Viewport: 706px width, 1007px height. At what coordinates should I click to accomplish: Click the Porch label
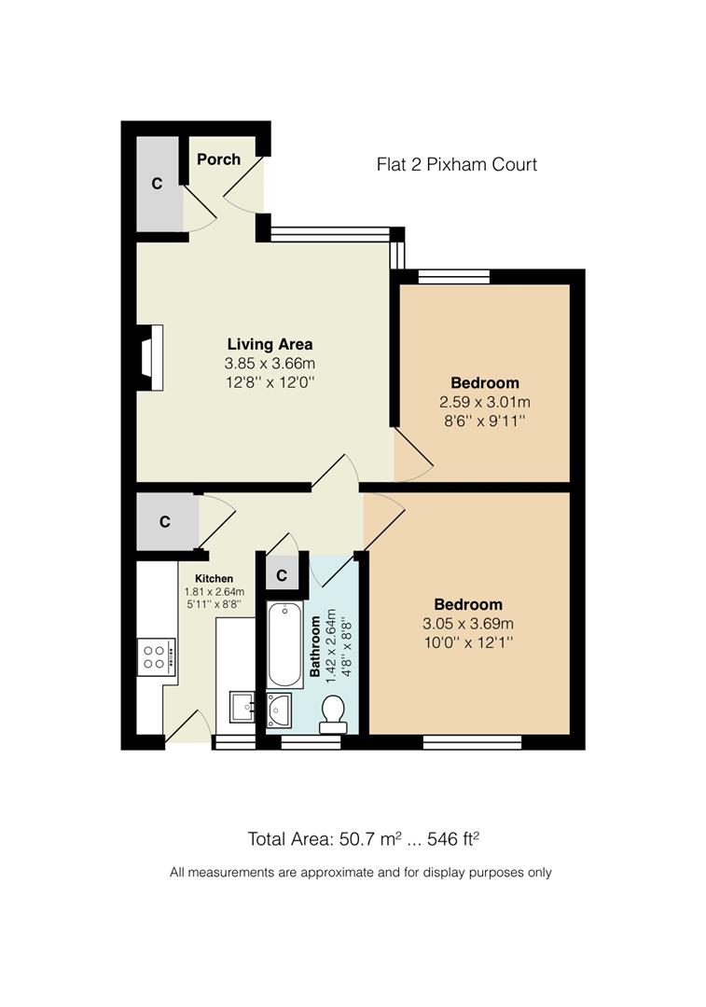pos(218,159)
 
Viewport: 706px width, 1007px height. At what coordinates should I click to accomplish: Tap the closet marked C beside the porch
pos(158,184)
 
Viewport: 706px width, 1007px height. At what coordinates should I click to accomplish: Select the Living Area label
pos(270,344)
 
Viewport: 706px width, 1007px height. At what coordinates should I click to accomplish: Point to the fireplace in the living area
pos(150,356)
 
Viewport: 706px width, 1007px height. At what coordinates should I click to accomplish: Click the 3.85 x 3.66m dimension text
pos(270,363)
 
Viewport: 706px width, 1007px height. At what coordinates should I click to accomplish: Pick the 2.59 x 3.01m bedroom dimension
pos(484,402)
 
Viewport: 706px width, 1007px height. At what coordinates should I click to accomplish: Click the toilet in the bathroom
pos(331,714)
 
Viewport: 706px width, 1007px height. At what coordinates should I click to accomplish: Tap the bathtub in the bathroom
pos(281,643)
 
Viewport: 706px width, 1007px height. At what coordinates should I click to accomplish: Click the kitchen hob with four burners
pos(155,656)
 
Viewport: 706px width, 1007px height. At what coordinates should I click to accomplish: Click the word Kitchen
pos(214,579)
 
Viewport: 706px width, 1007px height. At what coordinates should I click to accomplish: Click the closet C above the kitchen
pos(165,522)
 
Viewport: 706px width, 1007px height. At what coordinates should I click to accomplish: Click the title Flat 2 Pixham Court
pos(456,165)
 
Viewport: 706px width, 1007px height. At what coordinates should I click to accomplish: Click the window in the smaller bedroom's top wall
pos(454,275)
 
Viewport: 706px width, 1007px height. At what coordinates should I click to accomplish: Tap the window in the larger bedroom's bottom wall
pos(471,742)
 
